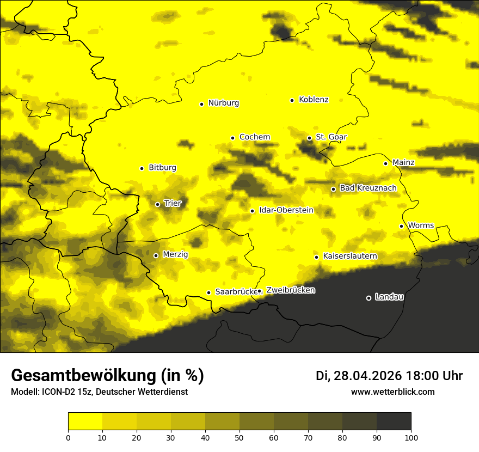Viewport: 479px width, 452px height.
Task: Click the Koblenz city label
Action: [x=314, y=100]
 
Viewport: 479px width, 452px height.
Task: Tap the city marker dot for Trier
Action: [x=157, y=204]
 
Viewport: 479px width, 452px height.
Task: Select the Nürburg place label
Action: [x=223, y=103]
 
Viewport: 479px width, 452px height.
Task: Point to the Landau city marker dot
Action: [x=369, y=298]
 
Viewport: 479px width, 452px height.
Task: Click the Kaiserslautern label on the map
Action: [x=350, y=256]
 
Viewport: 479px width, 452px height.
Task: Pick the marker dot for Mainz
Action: [x=385, y=163]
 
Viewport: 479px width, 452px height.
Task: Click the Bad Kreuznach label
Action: [x=368, y=188]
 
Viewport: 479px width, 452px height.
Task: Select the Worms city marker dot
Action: [x=401, y=226]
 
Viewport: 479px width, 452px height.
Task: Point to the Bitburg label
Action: [x=162, y=168]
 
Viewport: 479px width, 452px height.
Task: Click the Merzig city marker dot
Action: [x=156, y=255]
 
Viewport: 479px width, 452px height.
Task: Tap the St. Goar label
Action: [x=331, y=137]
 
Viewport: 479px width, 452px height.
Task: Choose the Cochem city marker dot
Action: [x=232, y=138]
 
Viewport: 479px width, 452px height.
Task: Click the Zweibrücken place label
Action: [x=290, y=290]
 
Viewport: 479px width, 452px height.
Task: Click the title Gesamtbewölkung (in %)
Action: [x=107, y=375]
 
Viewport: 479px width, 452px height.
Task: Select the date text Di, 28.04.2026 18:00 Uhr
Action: [x=389, y=376]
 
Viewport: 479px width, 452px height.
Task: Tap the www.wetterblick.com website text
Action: [x=392, y=392]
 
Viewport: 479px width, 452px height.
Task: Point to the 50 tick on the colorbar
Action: [x=239, y=437]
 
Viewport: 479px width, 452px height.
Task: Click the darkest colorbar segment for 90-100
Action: [x=394, y=421]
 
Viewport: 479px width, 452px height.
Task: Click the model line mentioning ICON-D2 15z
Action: [x=99, y=392]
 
